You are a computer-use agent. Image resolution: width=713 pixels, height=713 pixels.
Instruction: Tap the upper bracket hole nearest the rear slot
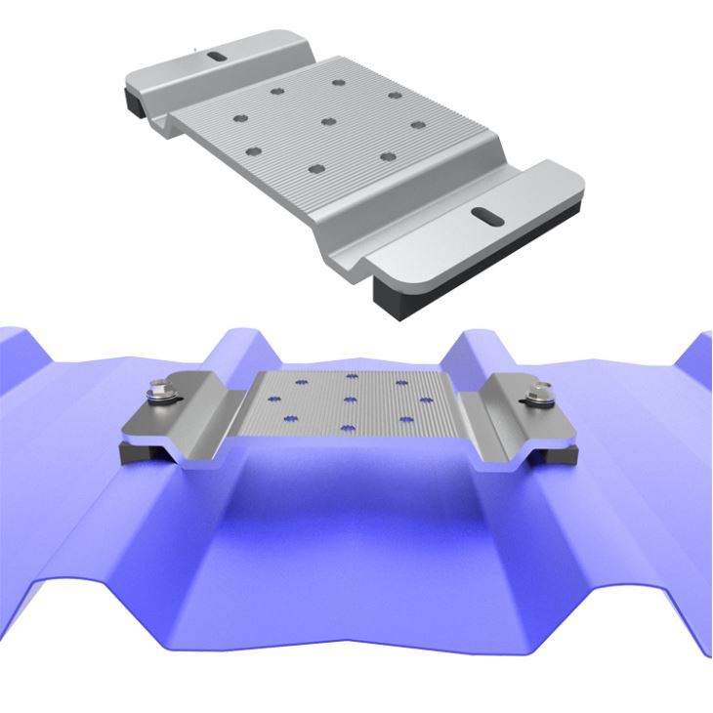(276, 91)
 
